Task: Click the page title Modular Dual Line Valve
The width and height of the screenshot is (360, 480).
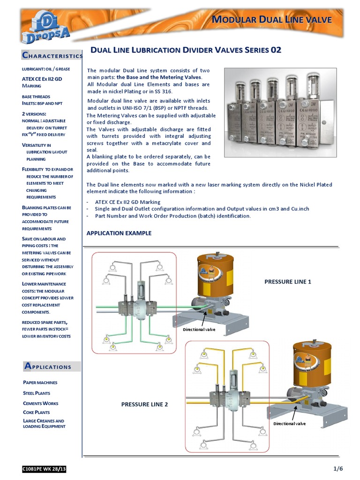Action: tap(272, 20)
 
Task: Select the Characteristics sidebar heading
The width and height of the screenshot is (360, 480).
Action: tap(52, 56)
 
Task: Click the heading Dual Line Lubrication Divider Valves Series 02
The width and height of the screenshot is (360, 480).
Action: tap(186, 50)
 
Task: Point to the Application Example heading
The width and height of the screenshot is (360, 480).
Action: tap(119, 233)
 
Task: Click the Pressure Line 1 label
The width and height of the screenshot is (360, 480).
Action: tap(288, 282)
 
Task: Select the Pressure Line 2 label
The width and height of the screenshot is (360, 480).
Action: tap(144, 404)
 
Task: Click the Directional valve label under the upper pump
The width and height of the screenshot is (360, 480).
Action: tap(199, 330)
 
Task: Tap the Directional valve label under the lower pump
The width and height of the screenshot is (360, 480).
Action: tap(290, 423)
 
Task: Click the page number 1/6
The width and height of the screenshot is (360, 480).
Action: tap(338, 469)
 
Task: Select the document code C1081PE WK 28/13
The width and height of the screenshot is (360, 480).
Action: tap(44, 469)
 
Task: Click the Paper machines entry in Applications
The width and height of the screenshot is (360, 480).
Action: tap(40, 382)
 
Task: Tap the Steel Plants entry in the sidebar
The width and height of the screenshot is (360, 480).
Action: tap(37, 393)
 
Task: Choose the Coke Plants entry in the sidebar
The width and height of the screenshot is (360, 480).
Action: tap(37, 412)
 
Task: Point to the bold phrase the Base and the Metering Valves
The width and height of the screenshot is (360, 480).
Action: tap(159, 77)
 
